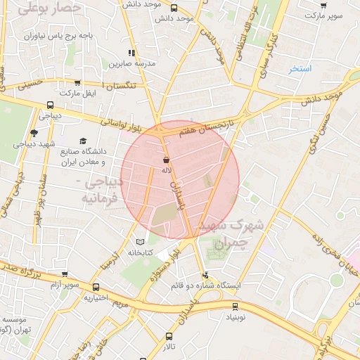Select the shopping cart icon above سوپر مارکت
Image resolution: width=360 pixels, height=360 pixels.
(323, 6)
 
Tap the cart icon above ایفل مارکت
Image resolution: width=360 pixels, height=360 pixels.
(77, 82)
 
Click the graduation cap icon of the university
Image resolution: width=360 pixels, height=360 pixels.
(83, 141)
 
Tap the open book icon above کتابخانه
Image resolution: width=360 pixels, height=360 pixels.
(139, 241)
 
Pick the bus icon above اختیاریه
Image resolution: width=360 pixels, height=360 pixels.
(96, 287)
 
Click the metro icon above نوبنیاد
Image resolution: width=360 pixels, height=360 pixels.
(235, 306)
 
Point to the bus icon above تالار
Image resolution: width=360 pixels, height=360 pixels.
(169, 336)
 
